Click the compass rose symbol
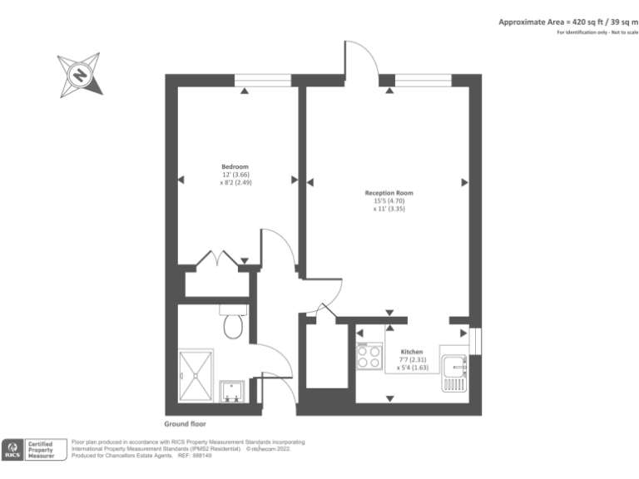point(80,74)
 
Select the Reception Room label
point(389,193)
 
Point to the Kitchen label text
point(412,352)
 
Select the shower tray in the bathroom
point(196,375)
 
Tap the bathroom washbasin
point(230,391)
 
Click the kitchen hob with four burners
point(369,357)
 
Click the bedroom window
point(263,80)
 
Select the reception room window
point(423,80)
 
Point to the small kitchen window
point(475,341)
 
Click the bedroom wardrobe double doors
point(219,260)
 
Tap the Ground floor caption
point(185,423)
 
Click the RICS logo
point(14,450)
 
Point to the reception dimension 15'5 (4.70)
point(389,201)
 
